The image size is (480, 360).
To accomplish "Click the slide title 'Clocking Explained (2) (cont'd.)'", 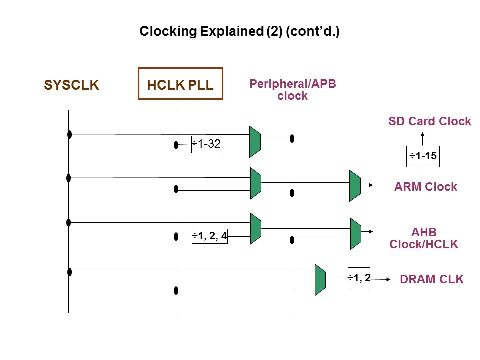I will click(x=239, y=32).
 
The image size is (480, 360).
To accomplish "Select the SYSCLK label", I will click(x=72, y=85).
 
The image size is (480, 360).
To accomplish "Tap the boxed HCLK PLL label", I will click(x=180, y=84).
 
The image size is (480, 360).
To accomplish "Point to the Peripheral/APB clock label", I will click(x=292, y=90).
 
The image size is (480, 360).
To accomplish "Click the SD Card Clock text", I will click(x=429, y=121).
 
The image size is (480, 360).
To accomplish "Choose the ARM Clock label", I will click(x=425, y=187).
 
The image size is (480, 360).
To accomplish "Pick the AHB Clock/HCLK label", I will click(x=423, y=238).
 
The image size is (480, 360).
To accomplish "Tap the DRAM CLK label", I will click(x=432, y=280).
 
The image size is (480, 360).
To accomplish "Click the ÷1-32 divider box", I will click(x=206, y=144).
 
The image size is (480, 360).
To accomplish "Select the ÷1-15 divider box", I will click(x=423, y=156).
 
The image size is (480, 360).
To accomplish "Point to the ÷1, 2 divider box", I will click(x=359, y=278).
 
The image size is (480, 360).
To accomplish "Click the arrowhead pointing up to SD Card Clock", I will click(x=423, y=135).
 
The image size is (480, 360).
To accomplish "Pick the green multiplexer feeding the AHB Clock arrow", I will click(x=355, y=233).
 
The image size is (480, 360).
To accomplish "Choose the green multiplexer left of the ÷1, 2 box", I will click(x=320, y=279).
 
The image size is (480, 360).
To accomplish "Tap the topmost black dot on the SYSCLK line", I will click(x=70, y=134).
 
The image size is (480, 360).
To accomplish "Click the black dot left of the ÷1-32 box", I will click(x=176, y=145).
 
